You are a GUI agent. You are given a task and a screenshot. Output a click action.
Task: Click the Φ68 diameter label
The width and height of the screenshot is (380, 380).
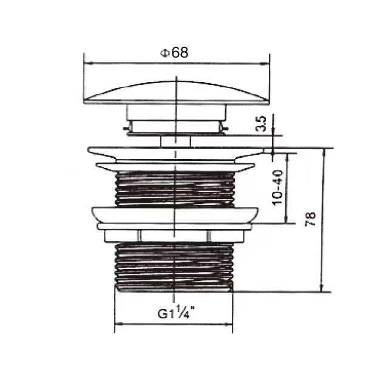(174, 53)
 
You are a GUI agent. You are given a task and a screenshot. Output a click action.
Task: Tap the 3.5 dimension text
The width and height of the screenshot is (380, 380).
(261, 125)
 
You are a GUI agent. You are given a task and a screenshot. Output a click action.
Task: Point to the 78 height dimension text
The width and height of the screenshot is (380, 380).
(310, 219)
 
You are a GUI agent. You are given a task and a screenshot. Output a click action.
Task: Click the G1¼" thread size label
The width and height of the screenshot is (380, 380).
(175, 314)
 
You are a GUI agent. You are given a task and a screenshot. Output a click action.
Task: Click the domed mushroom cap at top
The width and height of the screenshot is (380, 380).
(176, 92)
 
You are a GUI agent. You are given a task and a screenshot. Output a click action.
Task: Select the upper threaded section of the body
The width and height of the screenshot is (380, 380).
(175, 189)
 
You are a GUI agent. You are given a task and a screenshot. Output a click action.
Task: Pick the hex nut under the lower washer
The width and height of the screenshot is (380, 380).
(175, 236)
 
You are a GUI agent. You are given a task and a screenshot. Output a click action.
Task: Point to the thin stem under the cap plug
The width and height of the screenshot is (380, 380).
(175, 141)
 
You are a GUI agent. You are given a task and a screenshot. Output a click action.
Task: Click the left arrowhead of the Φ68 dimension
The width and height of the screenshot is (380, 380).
(87, 62)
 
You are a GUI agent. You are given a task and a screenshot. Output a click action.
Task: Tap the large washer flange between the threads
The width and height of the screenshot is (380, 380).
(175, 214)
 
